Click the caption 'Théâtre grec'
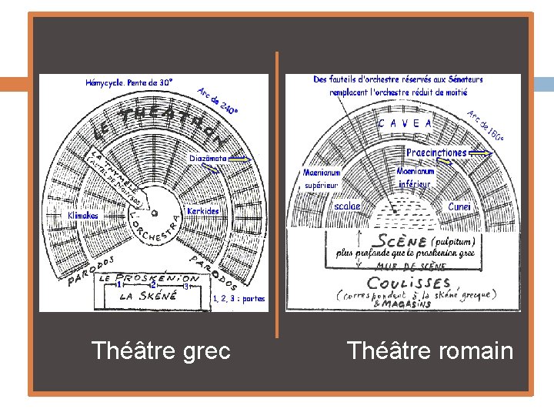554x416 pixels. point(161,351)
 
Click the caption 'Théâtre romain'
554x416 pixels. point(429,351)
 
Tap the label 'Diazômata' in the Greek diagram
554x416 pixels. point(208,158)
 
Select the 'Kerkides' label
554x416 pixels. point(203,210)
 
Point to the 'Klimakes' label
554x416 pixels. point(83,216)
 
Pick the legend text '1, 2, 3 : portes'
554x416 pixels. point(237,299)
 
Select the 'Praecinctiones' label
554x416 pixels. point(436,153)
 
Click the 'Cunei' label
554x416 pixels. point(460,206)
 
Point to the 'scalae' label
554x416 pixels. point(348,206)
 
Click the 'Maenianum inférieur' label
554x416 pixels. point(415,177)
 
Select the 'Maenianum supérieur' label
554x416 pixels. point(322,179)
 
